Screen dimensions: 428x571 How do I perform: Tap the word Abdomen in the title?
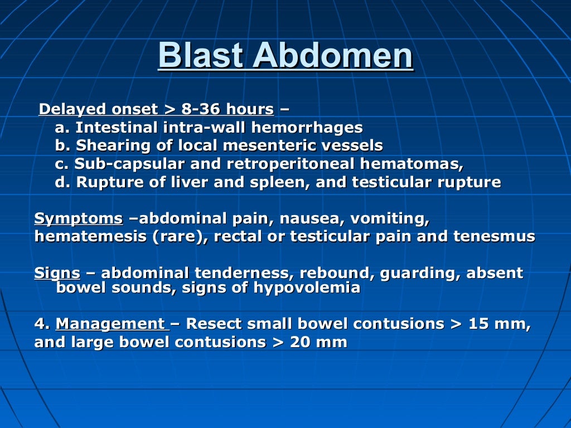[x=332, y=56]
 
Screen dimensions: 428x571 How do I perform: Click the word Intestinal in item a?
[x=117, y=128]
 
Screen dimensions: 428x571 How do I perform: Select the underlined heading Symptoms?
[x=79, y=218]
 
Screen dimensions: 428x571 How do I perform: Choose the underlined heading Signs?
[x=57, y=273]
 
